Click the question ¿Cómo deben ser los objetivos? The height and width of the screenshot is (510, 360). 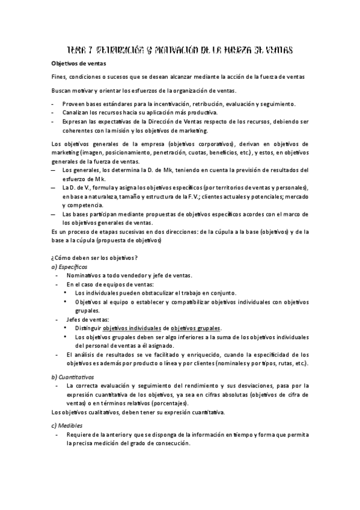[x=94, y=257]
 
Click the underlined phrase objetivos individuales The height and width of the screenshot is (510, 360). [x=132, y=328]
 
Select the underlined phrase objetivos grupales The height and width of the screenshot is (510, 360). [x=195, y=328]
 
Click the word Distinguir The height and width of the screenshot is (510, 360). [x=88, y=328]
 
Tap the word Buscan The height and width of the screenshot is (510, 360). [x=62, y=90]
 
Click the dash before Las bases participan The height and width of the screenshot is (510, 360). [x=53, y=214]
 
